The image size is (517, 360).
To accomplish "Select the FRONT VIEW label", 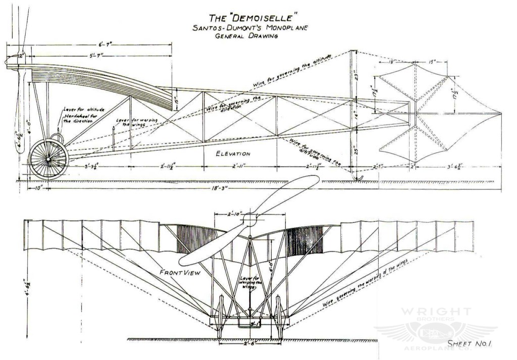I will click(x=180, y=273).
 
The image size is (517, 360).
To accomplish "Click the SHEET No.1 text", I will click(x=470, y=343).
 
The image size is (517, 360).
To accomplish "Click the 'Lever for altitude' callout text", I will click(x=84, y=109).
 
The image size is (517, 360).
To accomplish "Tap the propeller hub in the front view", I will click(x=250, y=219).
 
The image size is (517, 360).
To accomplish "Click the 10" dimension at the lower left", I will click(x=38, y=187).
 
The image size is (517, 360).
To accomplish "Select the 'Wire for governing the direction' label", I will click(x=235, y=105).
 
